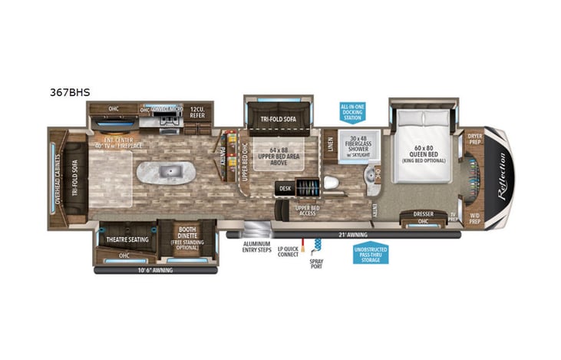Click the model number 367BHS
(68, 92)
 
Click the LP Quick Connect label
(289, 253)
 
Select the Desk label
(285, 187)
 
